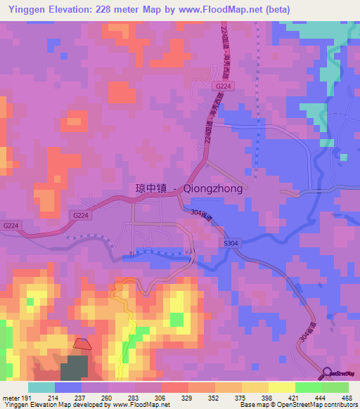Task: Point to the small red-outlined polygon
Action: (x=82, y=344)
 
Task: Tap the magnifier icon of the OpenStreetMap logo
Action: (x=327, y=374)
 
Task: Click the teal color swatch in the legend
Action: (x=41, y=387)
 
